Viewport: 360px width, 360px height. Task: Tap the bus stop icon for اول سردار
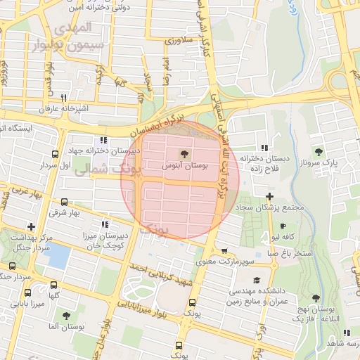pos(56,155)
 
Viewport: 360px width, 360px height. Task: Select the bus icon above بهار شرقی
pos(65,202)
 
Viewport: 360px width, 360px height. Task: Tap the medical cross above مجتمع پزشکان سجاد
pos(269,196)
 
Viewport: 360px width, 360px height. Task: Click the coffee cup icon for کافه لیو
pos(283,226)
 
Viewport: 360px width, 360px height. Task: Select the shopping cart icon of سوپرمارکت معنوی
pos(224,251)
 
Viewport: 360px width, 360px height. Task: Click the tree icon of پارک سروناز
pos(319,152)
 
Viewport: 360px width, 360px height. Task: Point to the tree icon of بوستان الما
pos(65,316)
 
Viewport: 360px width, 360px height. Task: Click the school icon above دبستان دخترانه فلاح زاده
pos(264,148)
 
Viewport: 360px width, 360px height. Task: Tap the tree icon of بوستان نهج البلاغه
pos(316,298)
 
